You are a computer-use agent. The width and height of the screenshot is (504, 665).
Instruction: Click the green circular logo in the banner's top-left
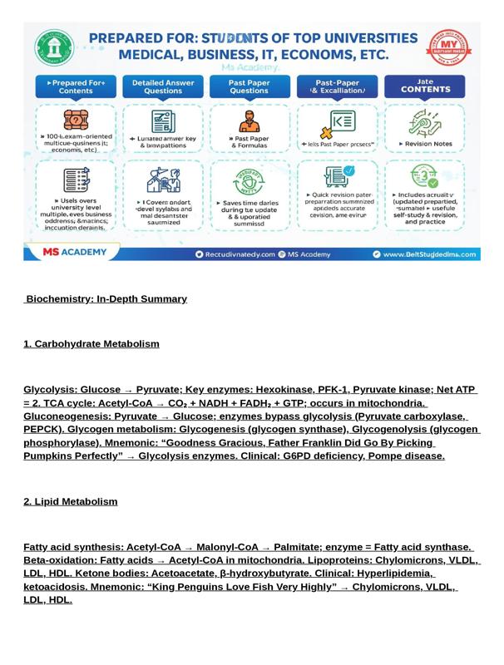pos(54,48)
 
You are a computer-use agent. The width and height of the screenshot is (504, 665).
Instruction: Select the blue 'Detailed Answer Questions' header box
pos(163,86)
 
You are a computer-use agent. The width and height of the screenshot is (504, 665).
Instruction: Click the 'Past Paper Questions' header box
pos(250,86)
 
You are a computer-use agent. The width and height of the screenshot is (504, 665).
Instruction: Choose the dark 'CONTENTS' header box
pos(425,86)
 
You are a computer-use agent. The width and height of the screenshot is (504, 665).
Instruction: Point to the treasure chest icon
pos(76,121)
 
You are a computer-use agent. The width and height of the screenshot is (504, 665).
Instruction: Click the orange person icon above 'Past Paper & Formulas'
pos(249,122)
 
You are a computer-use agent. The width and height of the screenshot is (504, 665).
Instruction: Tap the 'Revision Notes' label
pos(426,144)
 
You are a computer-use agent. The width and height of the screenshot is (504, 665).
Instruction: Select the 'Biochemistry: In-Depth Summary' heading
pos(106,299)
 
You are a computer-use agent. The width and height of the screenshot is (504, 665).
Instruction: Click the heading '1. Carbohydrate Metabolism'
pos(91,344)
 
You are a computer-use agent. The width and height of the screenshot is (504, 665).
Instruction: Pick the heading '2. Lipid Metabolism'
pos(71,502)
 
